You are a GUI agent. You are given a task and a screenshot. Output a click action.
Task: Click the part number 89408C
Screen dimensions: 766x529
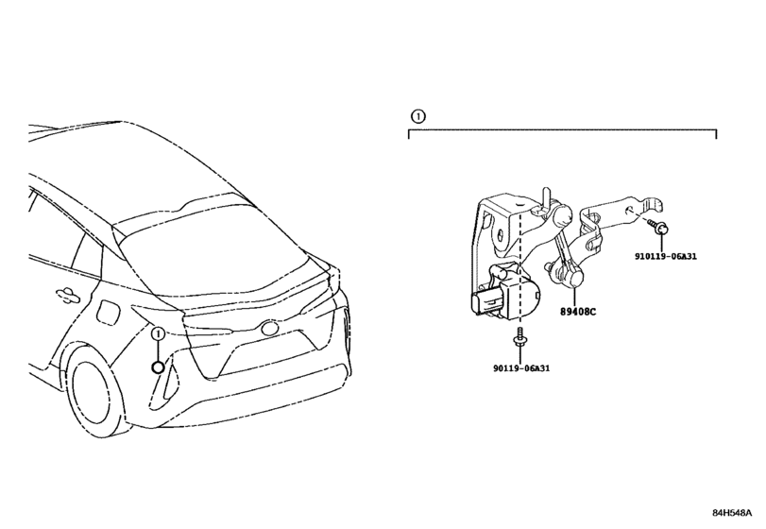click(578, 311)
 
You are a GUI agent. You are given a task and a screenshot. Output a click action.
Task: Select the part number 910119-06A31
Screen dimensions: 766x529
click(666, 256)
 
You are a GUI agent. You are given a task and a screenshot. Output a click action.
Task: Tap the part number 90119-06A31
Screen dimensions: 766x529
click(521, 367)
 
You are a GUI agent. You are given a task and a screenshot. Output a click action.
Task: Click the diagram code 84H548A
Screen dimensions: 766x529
click(732, 512)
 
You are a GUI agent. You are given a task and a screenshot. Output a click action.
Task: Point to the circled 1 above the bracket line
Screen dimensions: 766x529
click(418, 117)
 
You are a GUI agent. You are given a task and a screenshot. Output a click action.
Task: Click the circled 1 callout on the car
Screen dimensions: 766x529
click(158, 334)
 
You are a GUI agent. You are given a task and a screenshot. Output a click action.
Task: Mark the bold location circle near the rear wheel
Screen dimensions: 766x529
click(158, 367)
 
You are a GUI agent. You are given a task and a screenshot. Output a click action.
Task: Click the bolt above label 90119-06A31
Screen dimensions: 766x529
click(520, 337)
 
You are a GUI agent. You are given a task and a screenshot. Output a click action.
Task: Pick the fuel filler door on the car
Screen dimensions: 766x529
click(108, 311)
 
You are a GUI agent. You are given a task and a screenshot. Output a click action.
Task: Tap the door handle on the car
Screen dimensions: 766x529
click(67, 294)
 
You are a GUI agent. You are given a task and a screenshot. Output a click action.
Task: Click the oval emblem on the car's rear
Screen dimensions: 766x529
click(270, 328)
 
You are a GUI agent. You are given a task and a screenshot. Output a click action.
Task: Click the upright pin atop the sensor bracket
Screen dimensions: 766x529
click(546, 196)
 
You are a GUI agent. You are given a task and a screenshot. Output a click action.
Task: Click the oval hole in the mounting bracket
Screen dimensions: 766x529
click(501, 239)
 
